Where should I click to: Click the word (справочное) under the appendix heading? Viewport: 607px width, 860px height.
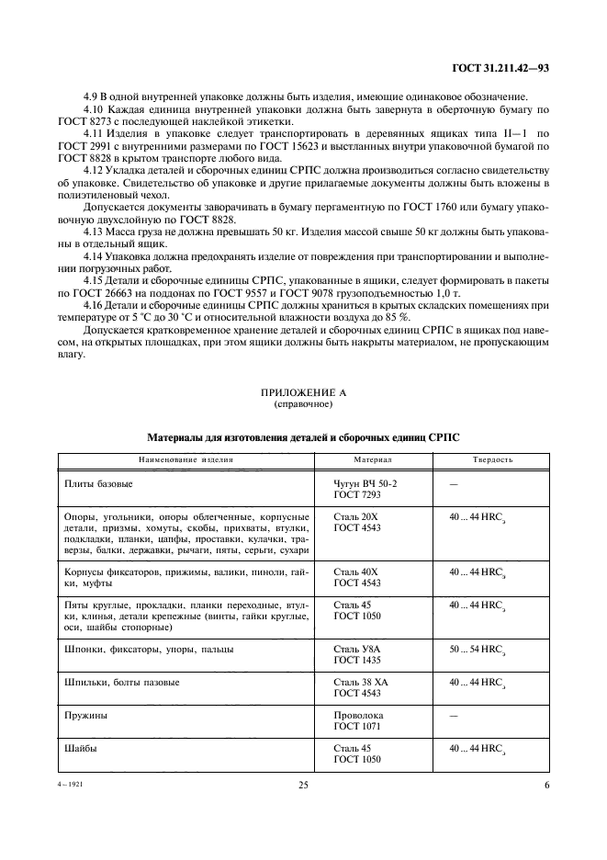coord(303,403)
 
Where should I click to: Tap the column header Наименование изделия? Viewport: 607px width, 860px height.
coord(185,458)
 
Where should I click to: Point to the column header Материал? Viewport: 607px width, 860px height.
coord(373,458)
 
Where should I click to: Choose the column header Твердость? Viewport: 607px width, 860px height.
coord(492,458)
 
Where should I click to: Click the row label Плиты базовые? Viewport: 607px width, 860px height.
coord(98,482)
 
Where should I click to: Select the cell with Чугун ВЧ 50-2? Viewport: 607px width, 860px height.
coord(365,482)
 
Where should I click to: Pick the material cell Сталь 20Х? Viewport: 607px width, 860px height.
coord(355,516)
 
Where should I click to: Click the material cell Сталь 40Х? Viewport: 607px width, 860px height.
coord(355,571)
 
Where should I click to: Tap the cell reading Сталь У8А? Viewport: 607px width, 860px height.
coord(356,649)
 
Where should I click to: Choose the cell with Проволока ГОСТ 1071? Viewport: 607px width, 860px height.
coord(359,720)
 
